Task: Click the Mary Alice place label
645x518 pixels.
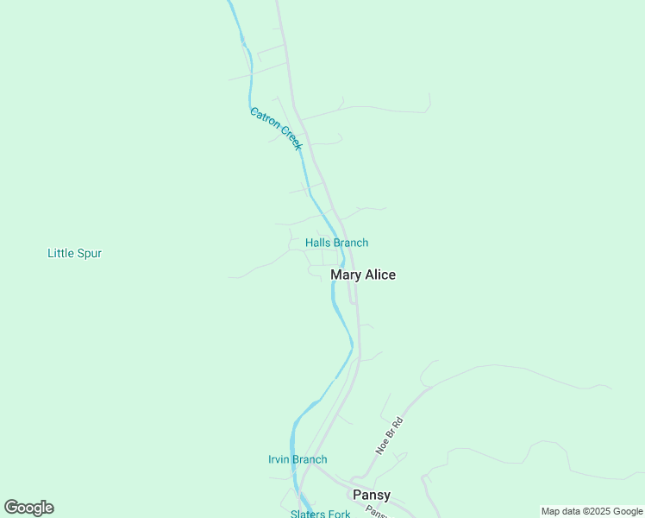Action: tap(363, 275)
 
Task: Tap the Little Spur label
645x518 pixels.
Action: tap(74, 253)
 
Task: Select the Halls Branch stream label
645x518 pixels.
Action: tap(336, 243)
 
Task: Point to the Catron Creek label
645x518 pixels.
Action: tap(276, 129)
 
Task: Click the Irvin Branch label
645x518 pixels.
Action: tap(297, 459)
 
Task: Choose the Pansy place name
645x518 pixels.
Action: tap(372, 495)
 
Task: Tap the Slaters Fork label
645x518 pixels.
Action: tap(320, 514)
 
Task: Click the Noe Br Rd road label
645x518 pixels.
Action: tap(389, 436)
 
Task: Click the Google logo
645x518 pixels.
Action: tap(28, 508)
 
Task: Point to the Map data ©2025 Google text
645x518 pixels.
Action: tap(592, 511)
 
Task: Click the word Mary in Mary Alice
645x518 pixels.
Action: tap(346, 275)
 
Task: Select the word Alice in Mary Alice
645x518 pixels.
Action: tap(380, 275)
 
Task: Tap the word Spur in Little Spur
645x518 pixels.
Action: tap(90, 253)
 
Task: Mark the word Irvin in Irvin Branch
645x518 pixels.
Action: tap(279, 459)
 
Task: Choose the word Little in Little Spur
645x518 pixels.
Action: tap(60, 253)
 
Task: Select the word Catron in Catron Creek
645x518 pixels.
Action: tap(264, 119)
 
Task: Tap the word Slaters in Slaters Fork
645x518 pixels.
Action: tap(308, 514)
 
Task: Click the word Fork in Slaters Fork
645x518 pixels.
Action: tap(339, 514)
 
